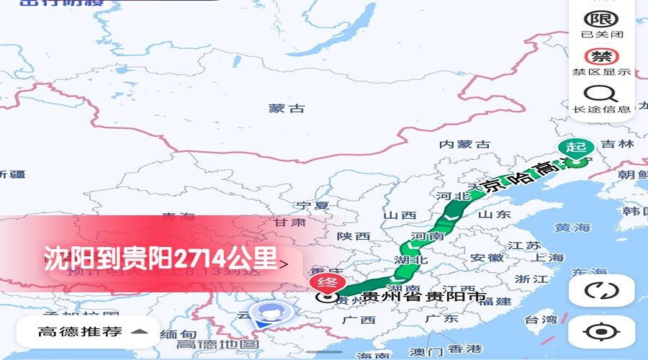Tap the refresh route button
[x=601, y=291]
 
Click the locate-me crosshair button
[x=601, y=332]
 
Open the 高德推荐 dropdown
[x=93, y=332]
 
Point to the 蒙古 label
[x=287, y=109]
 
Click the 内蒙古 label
[x=464, y=145]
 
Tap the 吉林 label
[x=617, y=144]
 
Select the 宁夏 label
[x=312, y=205]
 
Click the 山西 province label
[x=400, y=215]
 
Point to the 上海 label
[x=549, y=258]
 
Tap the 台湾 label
[x=540, y=320]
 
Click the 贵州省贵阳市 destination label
[x=423, y=296]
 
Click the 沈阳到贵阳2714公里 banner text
[x=161, y=258]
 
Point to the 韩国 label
[x=636, y=211]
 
